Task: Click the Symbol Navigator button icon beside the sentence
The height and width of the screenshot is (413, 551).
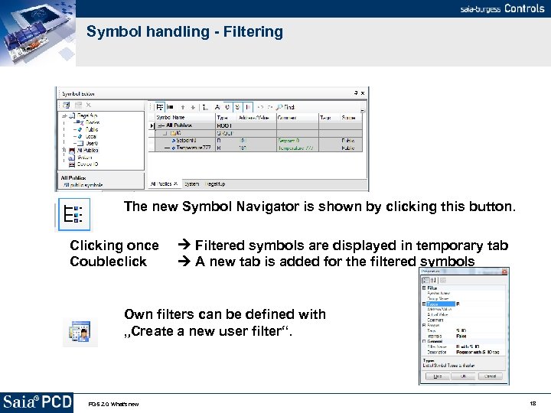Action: tap(75, 214)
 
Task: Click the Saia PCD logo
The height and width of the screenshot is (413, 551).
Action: tap(37, 402)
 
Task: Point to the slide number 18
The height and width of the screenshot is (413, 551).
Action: tap(532, 403)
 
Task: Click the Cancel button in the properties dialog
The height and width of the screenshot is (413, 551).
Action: tap(490, 376)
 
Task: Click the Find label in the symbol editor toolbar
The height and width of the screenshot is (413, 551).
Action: tap(289, 107)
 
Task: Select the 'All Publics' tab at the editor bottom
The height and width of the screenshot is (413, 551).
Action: tap(162, 184)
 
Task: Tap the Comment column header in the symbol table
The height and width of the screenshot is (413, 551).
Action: tap(287, 118)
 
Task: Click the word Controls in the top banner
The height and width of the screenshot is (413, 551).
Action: tap(524, 8)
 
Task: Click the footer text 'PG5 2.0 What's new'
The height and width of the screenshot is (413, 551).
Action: tap(112, 404)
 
